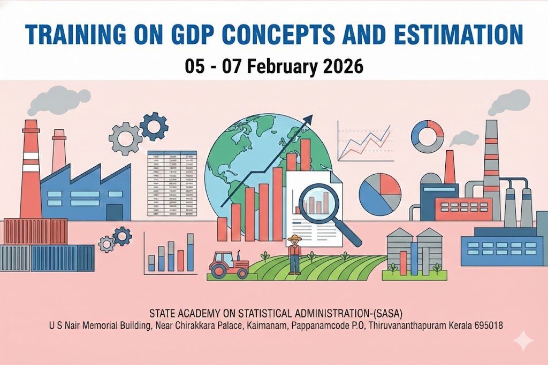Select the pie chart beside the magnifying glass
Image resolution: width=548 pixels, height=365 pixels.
click(x=379, y=193)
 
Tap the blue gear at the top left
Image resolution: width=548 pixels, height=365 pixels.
click(x=153, y=126)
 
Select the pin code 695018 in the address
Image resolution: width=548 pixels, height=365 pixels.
click(x=488, y=324)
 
